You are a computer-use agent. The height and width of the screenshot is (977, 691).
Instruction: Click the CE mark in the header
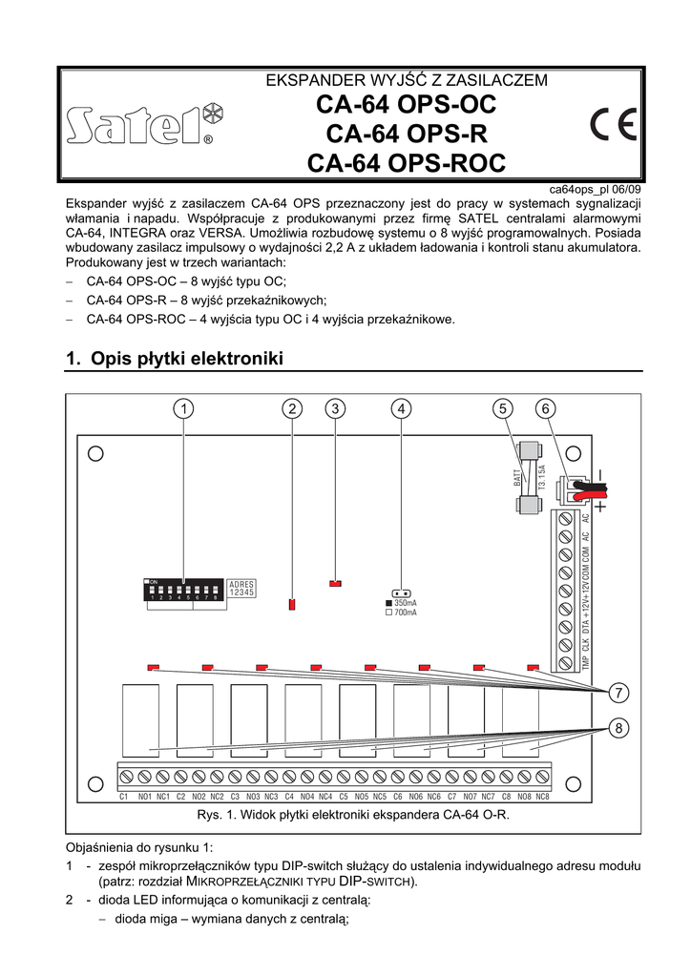click(615, 125)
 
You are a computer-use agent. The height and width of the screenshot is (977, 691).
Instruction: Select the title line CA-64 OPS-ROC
click(406, 163)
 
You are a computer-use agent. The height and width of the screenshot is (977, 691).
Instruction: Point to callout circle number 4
click(403, 408)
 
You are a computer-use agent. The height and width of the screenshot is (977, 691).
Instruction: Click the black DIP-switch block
click(182, 591)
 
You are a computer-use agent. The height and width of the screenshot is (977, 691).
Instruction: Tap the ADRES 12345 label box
click(242, 589)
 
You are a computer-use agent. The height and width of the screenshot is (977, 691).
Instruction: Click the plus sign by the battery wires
click(600, 508)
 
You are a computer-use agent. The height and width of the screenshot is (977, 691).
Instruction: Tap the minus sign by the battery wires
click(600, 475)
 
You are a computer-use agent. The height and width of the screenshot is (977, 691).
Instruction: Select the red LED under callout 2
click(292, 604)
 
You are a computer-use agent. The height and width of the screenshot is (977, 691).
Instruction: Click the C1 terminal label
click(123, 796)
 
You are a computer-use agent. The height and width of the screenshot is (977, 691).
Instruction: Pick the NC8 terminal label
click(542, 796)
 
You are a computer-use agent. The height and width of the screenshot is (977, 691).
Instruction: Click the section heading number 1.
click(72, 359)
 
